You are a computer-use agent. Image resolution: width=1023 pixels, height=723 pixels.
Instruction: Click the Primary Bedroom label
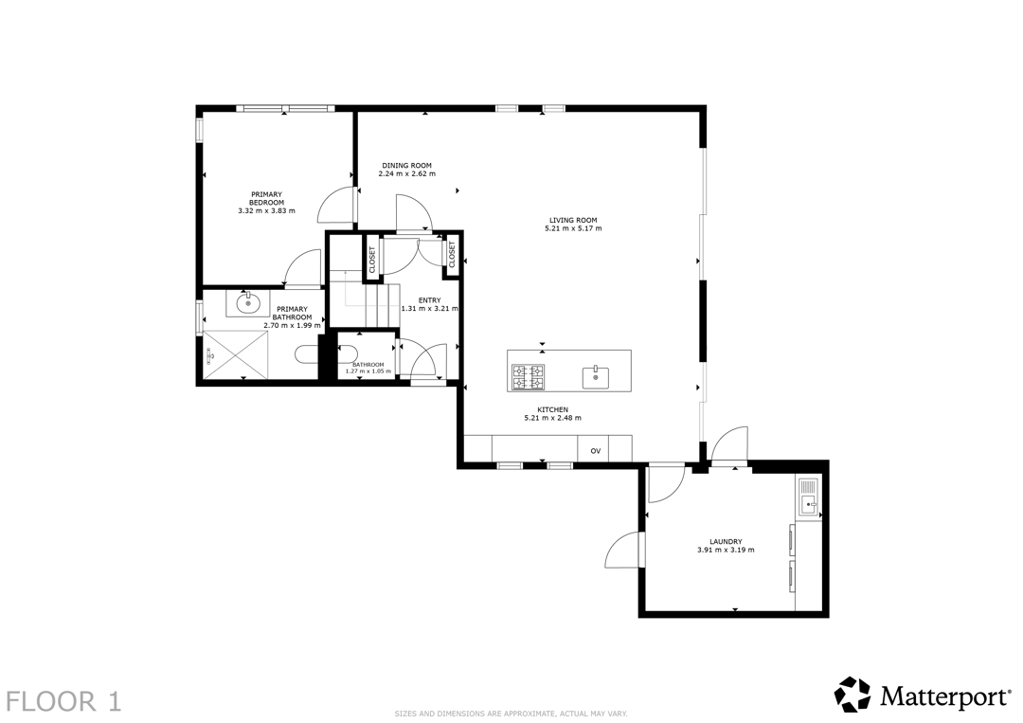coord(266,198)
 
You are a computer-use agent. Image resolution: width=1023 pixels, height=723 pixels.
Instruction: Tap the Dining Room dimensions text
coord(406,174)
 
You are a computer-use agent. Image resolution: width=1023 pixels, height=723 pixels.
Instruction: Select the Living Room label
coord(573,221)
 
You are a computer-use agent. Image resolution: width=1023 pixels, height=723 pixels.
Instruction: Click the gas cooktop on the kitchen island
coord(528,376)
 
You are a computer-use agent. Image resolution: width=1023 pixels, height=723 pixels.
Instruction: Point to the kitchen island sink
coord(595,378)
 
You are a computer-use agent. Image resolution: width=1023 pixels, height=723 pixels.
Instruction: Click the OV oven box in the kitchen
coord(595,449)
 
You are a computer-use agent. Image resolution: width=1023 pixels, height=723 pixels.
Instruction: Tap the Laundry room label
coord(726,542)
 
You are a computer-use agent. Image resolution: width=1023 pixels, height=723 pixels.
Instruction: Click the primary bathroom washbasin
coord(247,303)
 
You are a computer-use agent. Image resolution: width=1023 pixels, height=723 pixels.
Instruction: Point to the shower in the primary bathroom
coord(236,354)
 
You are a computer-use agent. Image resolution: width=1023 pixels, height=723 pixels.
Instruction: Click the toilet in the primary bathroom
coord(306,354)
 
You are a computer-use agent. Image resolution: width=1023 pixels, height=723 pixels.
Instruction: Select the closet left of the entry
coord(372,259)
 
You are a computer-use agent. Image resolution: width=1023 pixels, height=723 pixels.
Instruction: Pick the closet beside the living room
coord(452,255)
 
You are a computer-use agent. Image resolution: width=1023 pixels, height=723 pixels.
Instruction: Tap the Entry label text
coord(429,300)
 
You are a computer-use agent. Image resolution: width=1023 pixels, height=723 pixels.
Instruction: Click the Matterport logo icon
coord(852,695)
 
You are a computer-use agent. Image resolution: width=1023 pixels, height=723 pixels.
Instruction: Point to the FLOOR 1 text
coord(64,701)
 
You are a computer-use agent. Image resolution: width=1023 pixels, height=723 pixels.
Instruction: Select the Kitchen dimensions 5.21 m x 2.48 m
coord(552,418)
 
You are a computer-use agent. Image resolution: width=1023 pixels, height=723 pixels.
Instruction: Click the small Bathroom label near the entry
coord(368,365)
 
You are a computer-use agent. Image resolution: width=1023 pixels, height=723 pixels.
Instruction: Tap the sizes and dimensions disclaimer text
coord(511,714)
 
